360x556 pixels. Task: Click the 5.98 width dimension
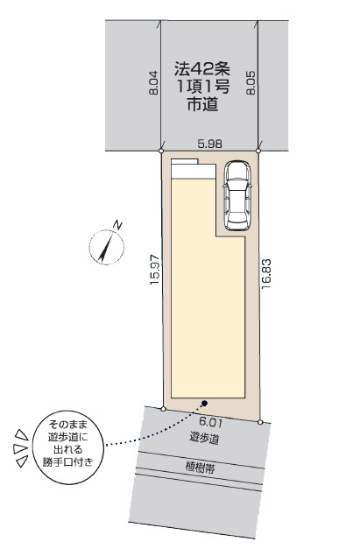pyautogui.click(x=210, y=144)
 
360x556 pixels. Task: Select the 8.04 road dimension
pyautogui.click(x=153, y=83)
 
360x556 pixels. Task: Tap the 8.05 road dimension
pyautogui.click(x=251, y=83)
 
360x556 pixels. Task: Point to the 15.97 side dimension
pyautogui.click(x=155, y=269)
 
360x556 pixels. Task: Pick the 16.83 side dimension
pyautogui.click(x=266, y=273)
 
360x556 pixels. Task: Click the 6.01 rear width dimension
pyautogui.click(x=211, y=422)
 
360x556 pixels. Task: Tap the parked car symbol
pyautogui.click(x=236, y=196)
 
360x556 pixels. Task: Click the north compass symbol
pyautogui.click(x=106, y=247)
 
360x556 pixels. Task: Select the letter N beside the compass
pyautogui.click(x=117, y=225)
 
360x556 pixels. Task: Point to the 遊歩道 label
pyautogui.click(x=204, y=439)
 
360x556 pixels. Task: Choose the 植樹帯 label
pyautogui.click(x=200, y=468)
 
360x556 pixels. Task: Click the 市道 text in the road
pyautogui.click(x=202, y=104)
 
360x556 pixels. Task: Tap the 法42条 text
pyautogui.click(x=202, y=69)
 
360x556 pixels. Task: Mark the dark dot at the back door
pyautogui.click(x=204, y=403)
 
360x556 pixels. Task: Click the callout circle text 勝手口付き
pyautogui.click(x=68, y=462)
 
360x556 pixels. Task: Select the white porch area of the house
pyautogui.click(x=194, y=170)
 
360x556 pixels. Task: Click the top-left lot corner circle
pyautogui.click(x=161, y=151)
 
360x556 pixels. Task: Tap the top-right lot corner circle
pyautogui.click(x=258, y=151)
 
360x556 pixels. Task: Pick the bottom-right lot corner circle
pyautogui.click(x=260, y=422)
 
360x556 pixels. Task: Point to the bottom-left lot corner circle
pyautogui.click(x=163, y=409)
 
